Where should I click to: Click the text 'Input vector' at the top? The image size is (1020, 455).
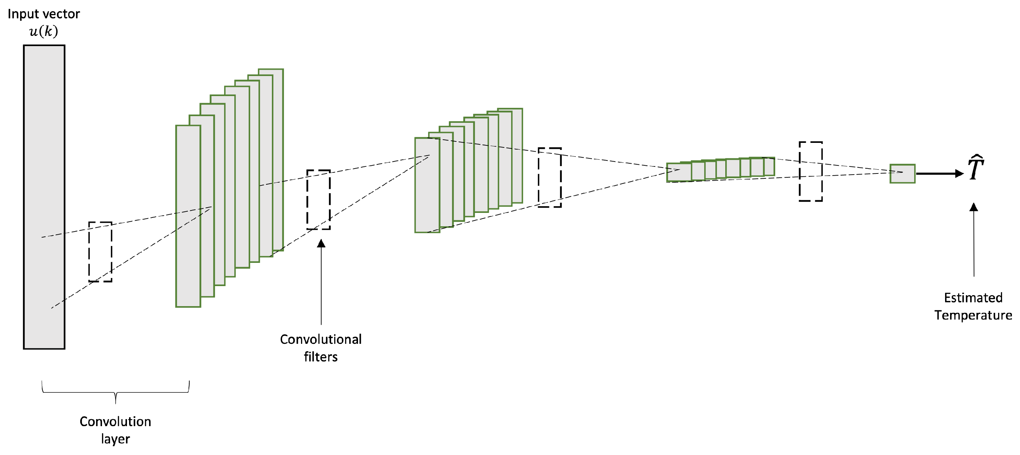point(44,14)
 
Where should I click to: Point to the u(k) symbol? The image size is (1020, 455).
point(44,31)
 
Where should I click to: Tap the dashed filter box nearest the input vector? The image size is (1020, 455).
point(100,252)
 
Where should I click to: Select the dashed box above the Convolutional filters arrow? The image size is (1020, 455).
point(318,200)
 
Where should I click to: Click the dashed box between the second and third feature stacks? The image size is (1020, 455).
point(550,177)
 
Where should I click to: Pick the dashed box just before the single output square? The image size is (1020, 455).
point(810,171)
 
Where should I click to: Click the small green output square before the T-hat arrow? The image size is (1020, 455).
point(903,173)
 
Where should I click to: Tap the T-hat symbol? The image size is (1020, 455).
point(976,168)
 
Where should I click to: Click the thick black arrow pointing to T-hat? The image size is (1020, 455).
point(939,173)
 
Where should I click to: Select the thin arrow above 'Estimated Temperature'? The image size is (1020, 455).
point(974,240)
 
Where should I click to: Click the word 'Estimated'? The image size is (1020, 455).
point(973,297)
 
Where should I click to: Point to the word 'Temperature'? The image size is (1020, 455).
point(973,315)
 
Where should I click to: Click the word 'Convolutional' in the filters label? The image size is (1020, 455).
point(321,339)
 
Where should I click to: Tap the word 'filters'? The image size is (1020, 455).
point(321,357)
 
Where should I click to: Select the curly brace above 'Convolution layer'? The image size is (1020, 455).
point(116,392)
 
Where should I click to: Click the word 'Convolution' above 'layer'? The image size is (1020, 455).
point(115,421)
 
